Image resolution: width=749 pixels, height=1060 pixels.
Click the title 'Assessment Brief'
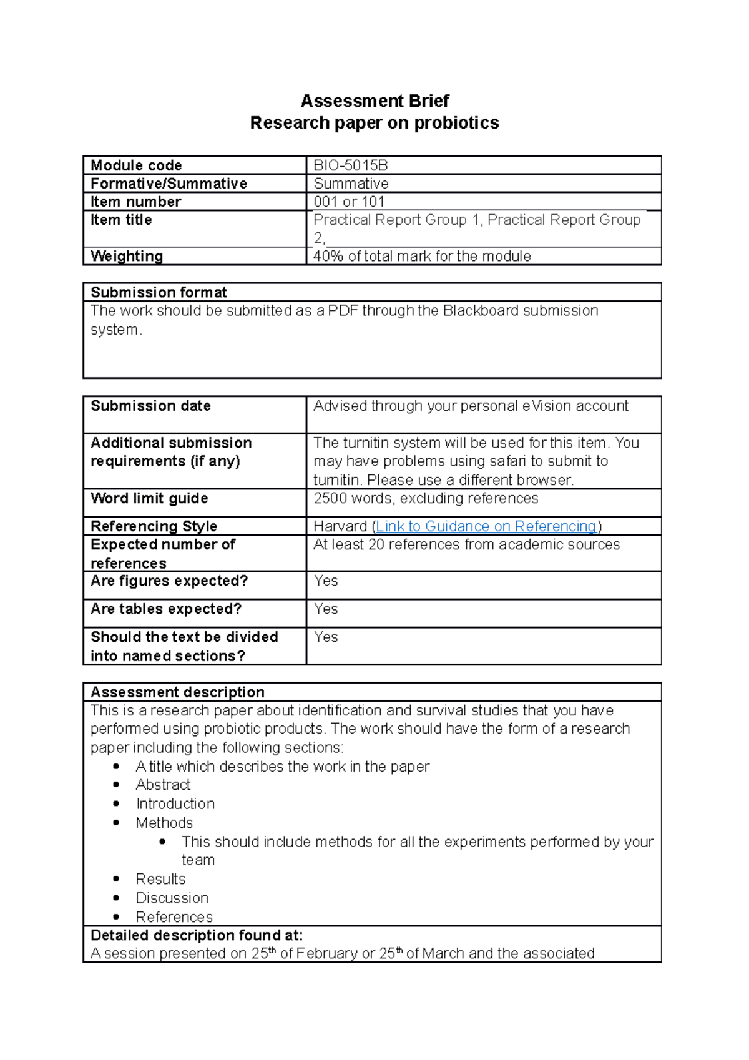click(374, 101)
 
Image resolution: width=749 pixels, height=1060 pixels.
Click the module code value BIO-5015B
click(350, 165)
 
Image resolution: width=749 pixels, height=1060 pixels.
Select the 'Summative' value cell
click(351, 184)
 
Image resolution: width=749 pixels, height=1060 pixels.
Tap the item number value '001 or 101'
click(349, 202)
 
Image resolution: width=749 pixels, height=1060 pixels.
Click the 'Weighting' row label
click(127, 257)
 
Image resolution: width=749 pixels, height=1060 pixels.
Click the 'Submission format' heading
click(159, 293)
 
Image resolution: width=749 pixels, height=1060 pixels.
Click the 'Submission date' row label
click(150, 406)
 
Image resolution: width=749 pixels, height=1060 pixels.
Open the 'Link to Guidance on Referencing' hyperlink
click(486, 527)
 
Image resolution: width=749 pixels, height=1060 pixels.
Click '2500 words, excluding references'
click(426, 499)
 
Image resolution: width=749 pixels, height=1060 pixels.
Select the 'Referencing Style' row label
click(154, 527)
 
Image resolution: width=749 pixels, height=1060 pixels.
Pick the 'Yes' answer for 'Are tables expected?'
click(326, 609)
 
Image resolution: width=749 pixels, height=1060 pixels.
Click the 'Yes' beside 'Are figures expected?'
click(326, 581)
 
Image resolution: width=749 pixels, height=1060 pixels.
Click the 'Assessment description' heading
click(177, 692)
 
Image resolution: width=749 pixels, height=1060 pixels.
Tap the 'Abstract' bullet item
click(163, 785)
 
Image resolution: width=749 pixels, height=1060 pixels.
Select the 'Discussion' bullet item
click(172, 898)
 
